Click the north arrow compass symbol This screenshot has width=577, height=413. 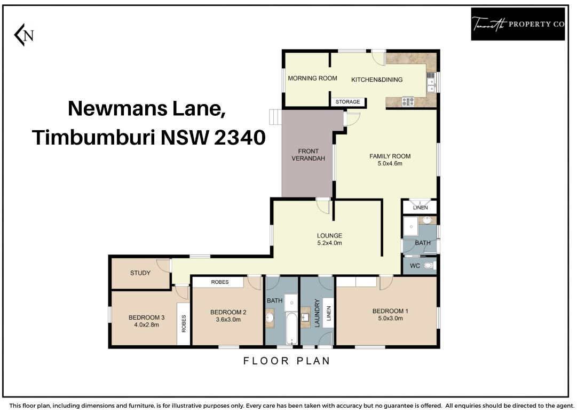25,35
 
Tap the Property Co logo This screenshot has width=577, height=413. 518,24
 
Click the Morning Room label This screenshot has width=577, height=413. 312,78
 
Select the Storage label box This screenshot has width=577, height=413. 347,102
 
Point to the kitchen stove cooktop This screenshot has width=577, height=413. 408,101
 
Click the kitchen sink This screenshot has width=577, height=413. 431,83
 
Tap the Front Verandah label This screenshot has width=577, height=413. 309,155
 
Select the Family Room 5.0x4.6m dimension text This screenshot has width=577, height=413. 390,164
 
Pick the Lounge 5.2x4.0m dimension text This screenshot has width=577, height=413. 330,243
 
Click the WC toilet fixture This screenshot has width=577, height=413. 429,266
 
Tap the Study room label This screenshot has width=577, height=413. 140,273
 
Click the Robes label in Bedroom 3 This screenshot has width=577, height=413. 184,324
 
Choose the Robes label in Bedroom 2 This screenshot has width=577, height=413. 220,282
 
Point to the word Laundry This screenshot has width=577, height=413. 317,313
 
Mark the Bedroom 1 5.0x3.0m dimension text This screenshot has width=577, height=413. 390,319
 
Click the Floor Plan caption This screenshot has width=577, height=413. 287,361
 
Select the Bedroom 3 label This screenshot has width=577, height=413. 146,317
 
